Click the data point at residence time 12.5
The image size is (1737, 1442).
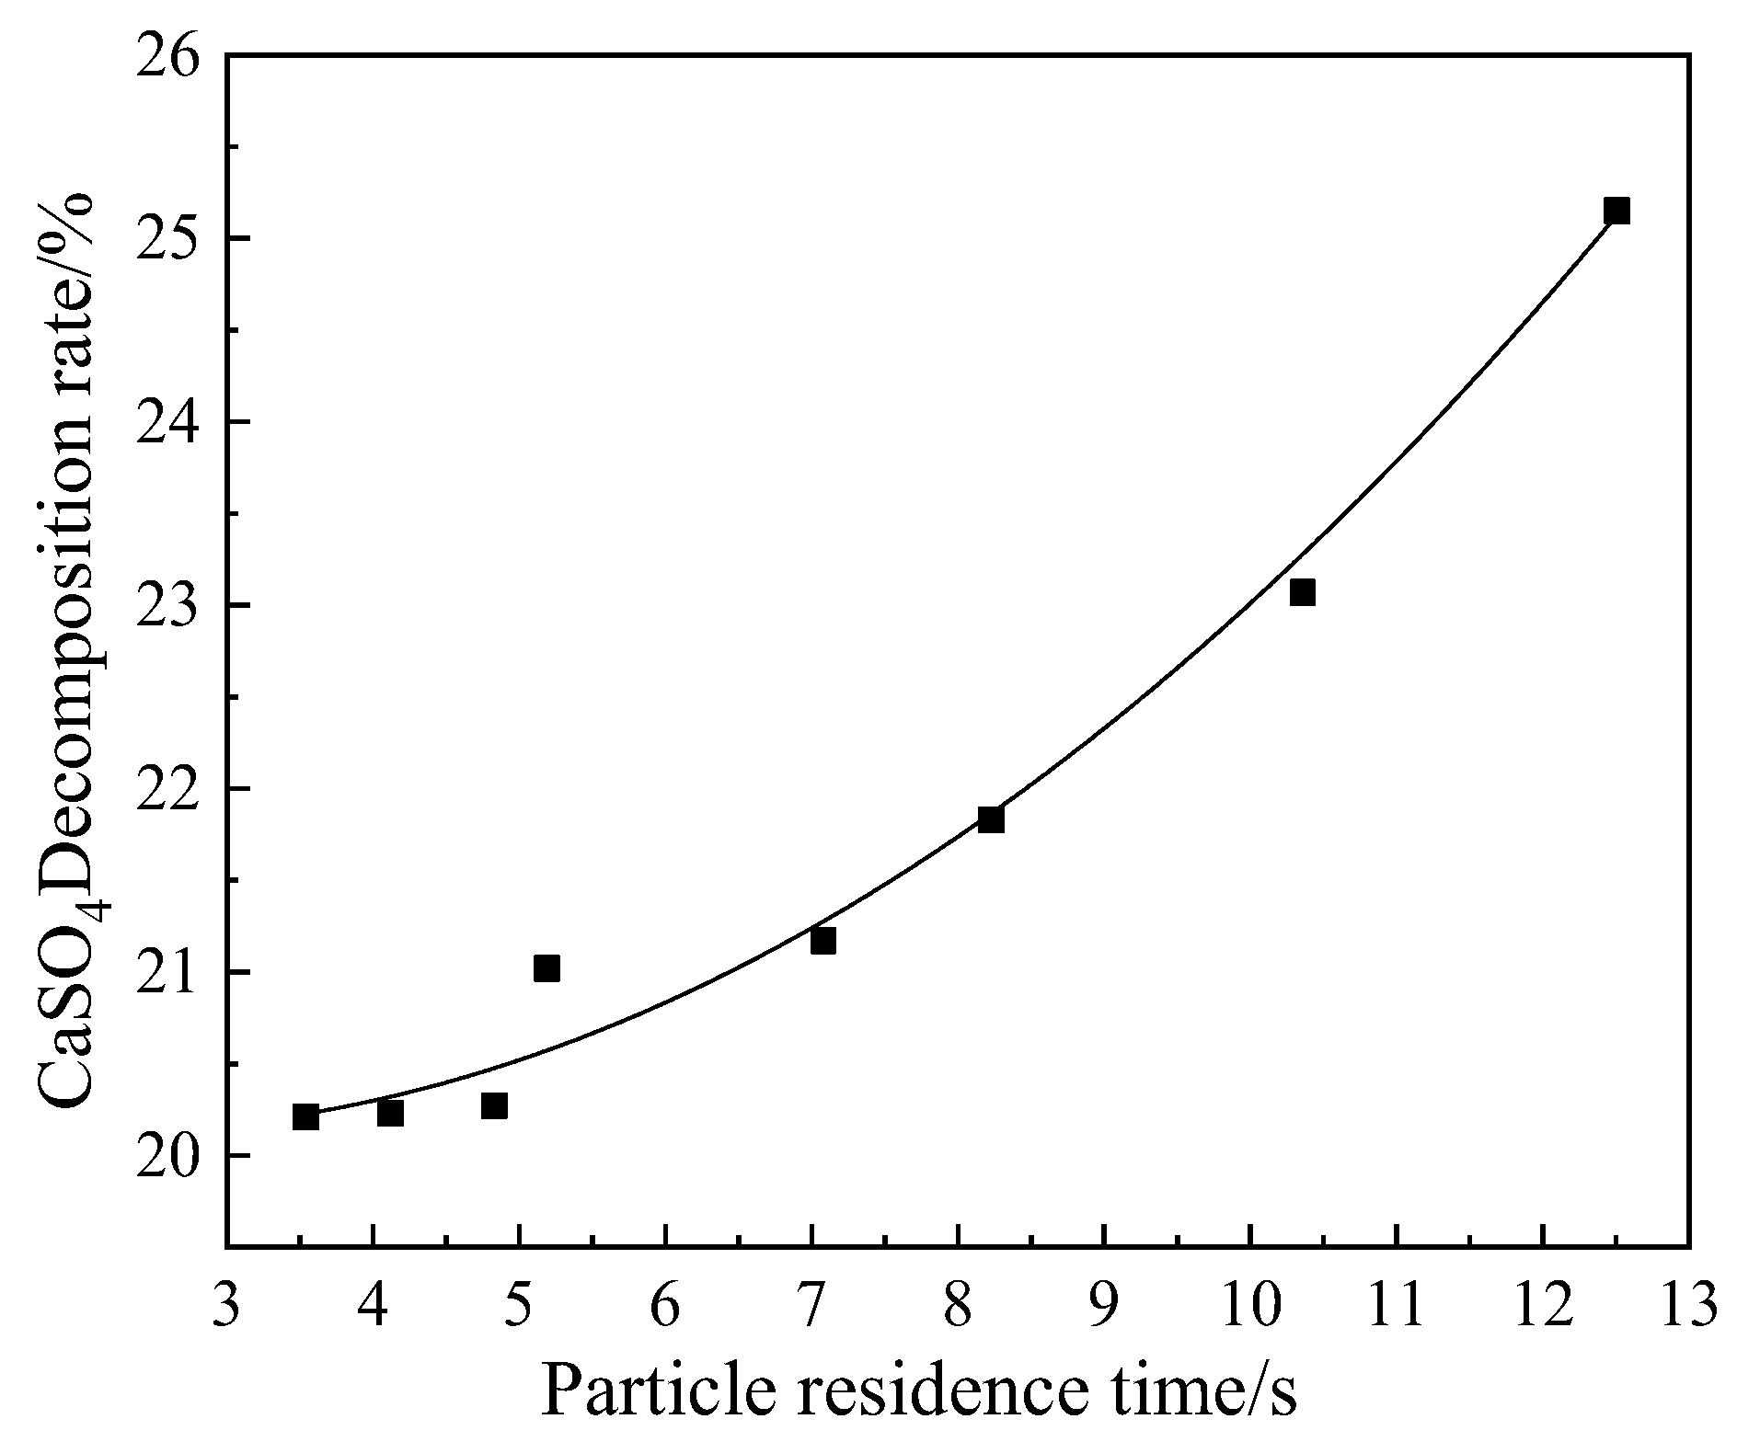pyautogui.click(x=1616, y=211)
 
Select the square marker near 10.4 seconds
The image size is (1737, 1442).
pyautogui.click(x=1302, y=592)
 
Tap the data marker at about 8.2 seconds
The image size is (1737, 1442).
pyautogui.click(x=991, y=819)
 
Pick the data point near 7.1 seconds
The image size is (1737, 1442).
pyautogui.click(x=823, y=941)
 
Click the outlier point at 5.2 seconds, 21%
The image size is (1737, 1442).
pyautogui.click(x=546, y=968)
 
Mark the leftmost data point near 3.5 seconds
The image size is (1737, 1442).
pyautogui.click(x=305, y=1116)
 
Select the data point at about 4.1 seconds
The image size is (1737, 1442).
pyautogui.click(x=390, y=1113)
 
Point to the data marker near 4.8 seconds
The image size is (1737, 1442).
pyautogui.click(x=494, y=1105)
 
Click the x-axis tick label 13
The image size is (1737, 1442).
pyautogui.click(x=1689, y=1305)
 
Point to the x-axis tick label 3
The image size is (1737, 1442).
pyautogui.click(x=226, y=1305)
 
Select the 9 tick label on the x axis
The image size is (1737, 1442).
pyautogui.click(x=1103, y=1305)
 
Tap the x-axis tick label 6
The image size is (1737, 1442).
pyautogui.click(x=665, y=1305)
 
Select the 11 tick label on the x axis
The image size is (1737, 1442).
pyautogui.click(x=1396, y=1305)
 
